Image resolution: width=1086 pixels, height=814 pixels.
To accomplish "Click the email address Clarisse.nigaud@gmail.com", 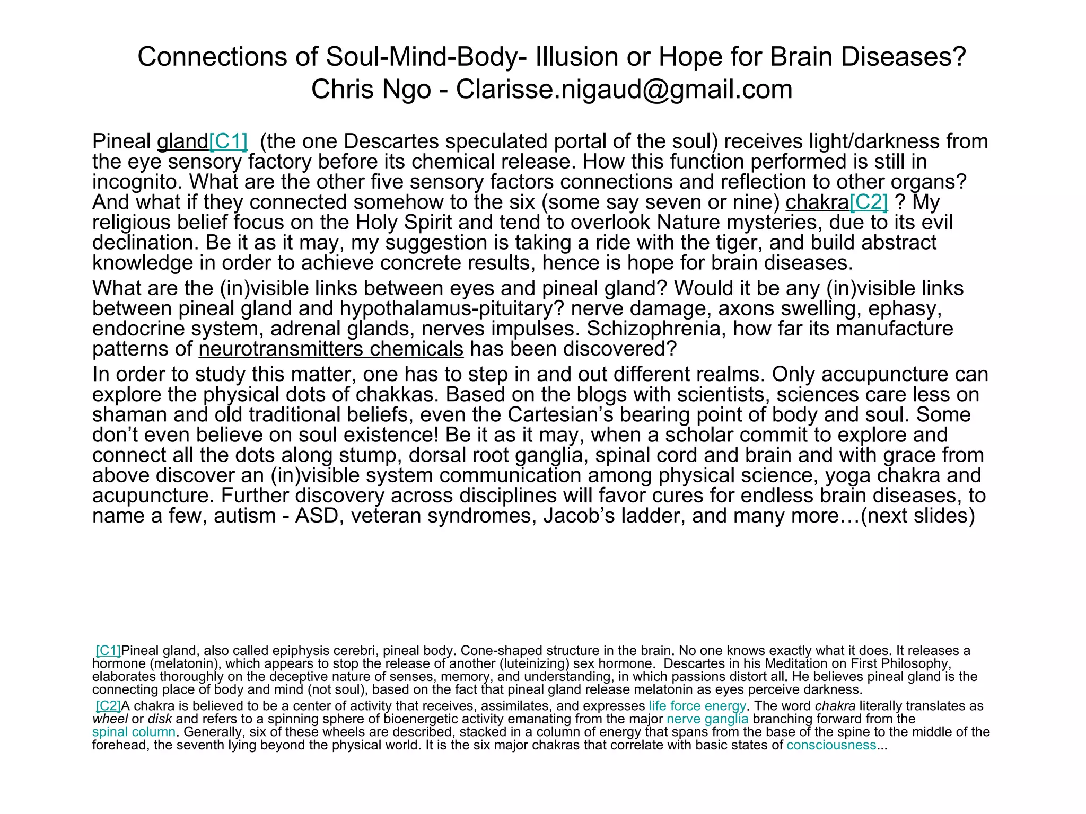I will coord(624,89).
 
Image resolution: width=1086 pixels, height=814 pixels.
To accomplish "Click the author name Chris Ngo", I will coord(371,89).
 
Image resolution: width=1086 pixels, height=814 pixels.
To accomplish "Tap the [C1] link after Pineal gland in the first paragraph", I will coord(229,141).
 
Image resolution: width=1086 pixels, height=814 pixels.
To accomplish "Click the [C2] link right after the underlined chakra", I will coord(869,202).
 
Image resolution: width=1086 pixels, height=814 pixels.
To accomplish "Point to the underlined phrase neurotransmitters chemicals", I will coord(331,349).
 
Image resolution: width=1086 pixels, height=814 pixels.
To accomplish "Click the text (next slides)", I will coord(917,516).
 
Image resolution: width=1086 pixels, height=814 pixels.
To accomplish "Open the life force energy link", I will coord(697,706).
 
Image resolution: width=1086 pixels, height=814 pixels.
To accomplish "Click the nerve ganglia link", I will coord(707,719).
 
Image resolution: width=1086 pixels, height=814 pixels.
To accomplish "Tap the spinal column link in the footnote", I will coord(134,732).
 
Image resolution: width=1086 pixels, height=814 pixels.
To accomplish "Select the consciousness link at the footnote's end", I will coord(831,746).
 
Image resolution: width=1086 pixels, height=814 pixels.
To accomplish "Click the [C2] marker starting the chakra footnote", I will coord(108,706).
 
